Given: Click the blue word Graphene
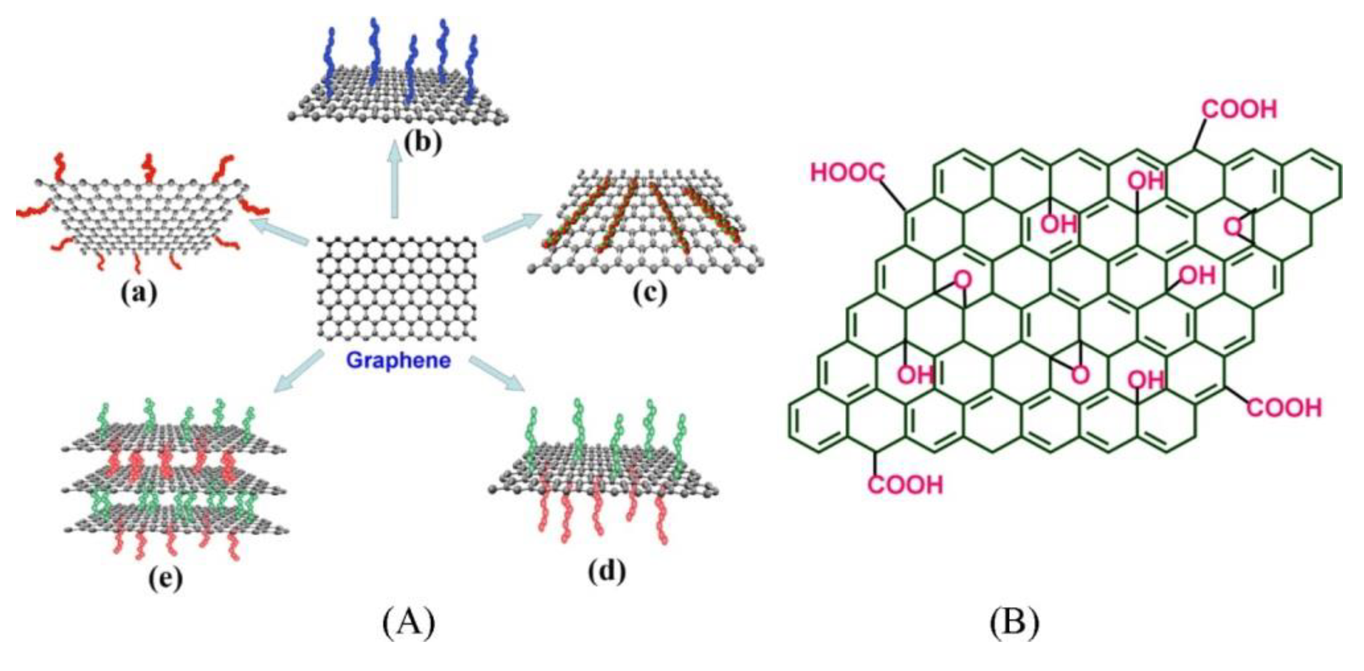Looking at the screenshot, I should coord(398,360).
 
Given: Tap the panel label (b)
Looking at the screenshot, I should coord(422,143).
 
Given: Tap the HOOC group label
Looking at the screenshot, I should coord(847,173).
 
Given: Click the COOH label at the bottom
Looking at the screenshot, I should coord(906,485).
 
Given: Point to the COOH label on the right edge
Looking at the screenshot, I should coord(1284,407).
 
